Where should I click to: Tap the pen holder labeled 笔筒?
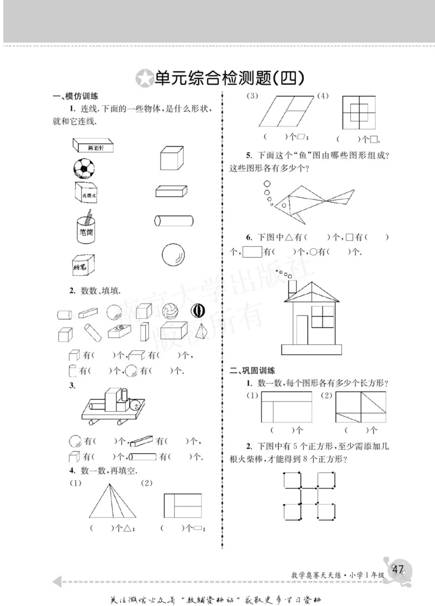86,227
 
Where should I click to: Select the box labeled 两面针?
95,145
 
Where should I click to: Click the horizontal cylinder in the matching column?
173,221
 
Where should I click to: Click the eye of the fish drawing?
282,206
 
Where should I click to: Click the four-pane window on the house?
322,317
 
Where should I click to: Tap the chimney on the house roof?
291,287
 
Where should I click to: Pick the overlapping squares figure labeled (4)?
359,112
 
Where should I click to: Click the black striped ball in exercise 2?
197,311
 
